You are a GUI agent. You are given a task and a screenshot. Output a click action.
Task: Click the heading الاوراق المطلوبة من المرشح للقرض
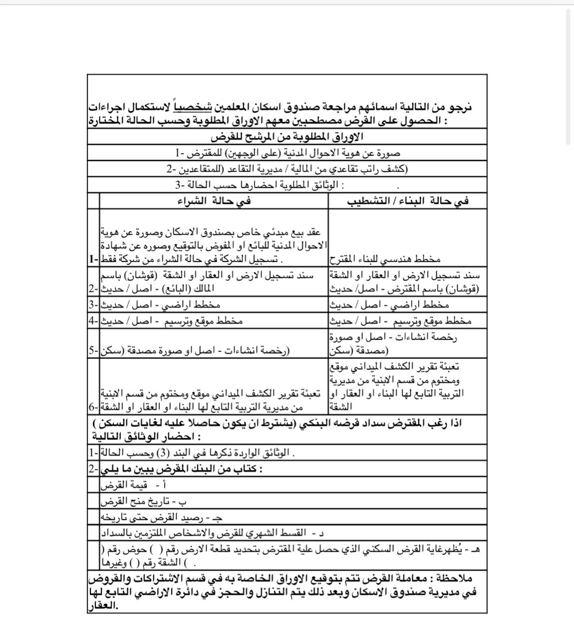point(287,136)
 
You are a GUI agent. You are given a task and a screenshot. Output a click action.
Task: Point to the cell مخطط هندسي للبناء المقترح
point(384,259)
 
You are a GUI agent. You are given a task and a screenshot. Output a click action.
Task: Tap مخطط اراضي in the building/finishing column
point(389,305)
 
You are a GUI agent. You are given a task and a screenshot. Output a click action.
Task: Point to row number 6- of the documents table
point(93,407)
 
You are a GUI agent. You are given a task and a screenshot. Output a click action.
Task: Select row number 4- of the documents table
point(93,320)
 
